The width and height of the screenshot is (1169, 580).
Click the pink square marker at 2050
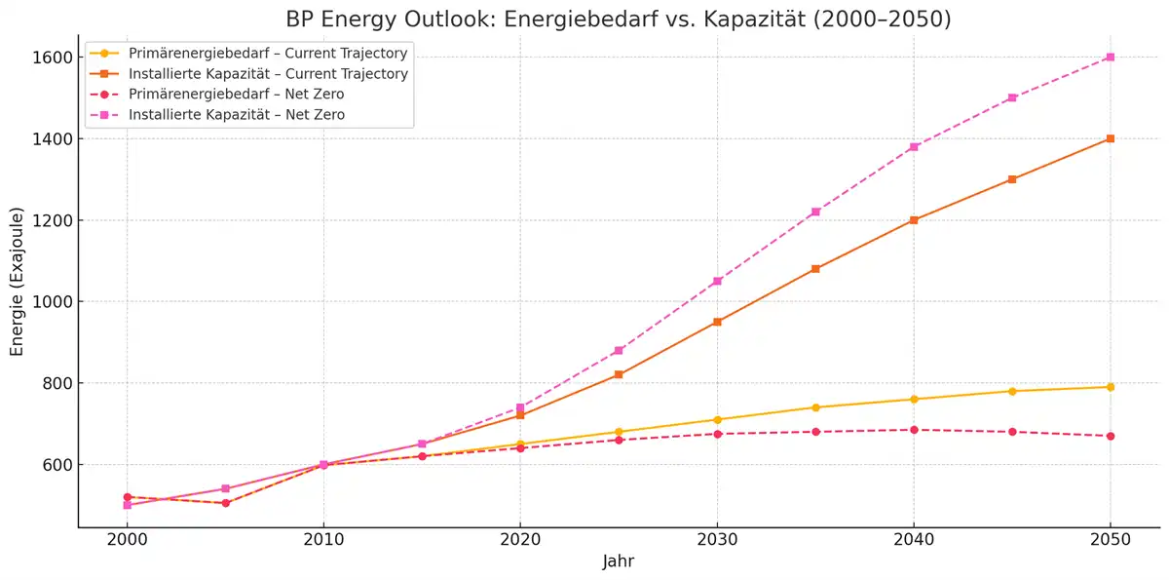click(x=1110, y=58)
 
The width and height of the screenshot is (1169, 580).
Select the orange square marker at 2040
click(x=914, y=220)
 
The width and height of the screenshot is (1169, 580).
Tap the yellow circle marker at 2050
click(x=1110, y=387)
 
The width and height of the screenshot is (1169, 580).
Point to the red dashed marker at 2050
click(x=1110, y=436)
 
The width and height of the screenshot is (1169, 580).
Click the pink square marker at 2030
click(x=717, y=281)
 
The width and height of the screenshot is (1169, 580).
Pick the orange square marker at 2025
click(x=619, y=374)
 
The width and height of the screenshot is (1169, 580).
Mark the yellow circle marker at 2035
click(x=815, y=407)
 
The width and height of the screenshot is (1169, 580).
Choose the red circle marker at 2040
click(x=914, y=430)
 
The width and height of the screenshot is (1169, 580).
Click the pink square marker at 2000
click(x=127, y=505)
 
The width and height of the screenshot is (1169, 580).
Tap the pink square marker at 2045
click(x=1012, y=97)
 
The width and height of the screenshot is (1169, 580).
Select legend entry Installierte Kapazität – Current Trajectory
click(x=268, y=74)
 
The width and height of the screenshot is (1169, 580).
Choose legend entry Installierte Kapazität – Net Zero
click(x=237, y=115)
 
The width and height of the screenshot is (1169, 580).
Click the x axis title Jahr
click(x=619, y=562)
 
